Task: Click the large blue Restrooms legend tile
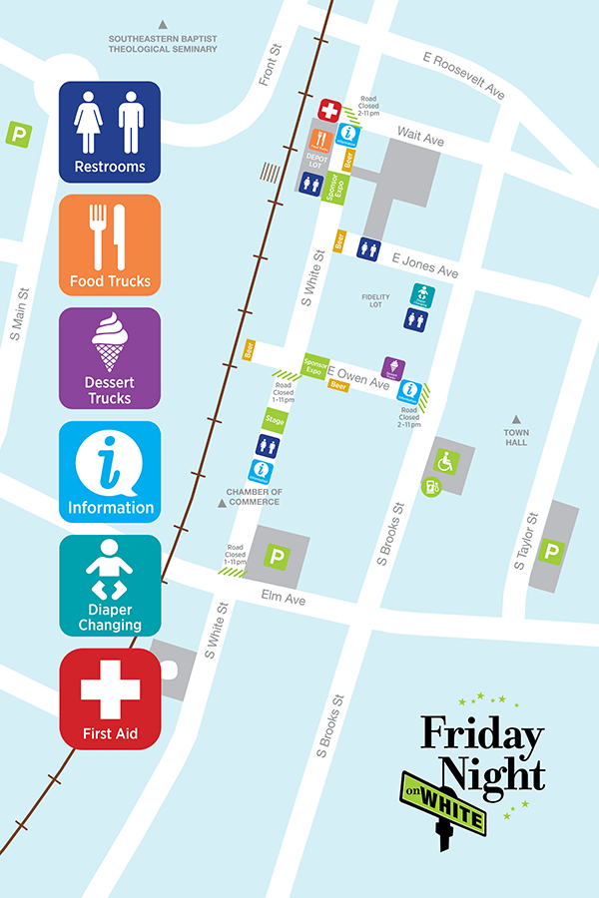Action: point(110,132)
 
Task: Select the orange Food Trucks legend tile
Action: point(110,244)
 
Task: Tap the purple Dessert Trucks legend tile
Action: point(110,358)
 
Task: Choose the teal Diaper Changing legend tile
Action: point(110,586)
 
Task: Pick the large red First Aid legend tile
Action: point(110,699)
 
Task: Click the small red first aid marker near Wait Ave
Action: point(329,110)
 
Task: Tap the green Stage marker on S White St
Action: point(275,421)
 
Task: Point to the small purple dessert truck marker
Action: point(394,368)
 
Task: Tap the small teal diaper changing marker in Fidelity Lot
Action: point(424,294)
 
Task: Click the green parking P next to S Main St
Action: point(18,134)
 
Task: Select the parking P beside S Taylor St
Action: point(550,551)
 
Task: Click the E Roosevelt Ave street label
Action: point(464,76)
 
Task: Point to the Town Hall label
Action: point(516,437)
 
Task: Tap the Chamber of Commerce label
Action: point(255,496)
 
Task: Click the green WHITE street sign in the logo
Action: point(450,797)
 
